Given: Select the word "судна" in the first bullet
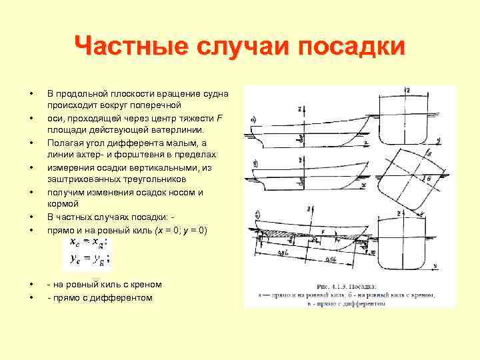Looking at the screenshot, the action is [215, 94].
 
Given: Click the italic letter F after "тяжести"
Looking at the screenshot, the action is [221, 119].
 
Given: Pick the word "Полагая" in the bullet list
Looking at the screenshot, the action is [66, 143].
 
